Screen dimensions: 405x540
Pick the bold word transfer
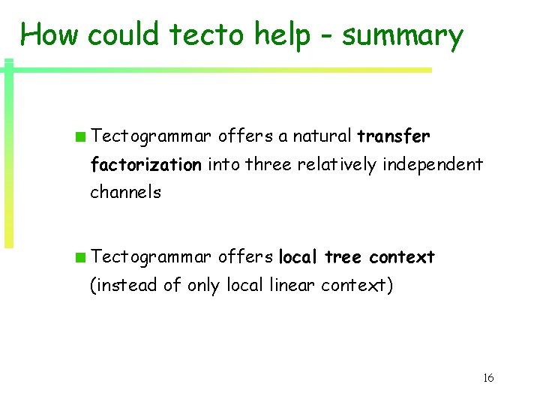point(394,136)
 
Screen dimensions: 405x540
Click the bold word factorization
point(145,164)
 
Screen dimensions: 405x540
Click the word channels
point(125,192)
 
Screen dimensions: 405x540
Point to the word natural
point(322,136)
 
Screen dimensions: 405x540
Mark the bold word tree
point(343,257)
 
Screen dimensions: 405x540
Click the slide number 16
point(488,377)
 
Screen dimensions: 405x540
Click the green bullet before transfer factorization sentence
point(79,136)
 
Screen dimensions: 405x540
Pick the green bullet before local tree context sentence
point(79,258)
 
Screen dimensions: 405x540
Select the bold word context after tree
point(401,257)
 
